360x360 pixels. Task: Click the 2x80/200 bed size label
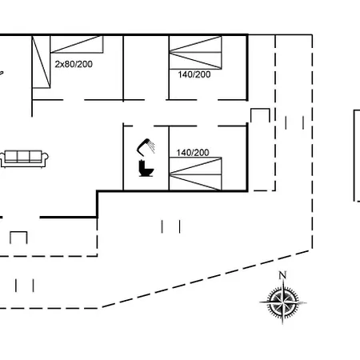pyautogui.click(x=74, y=64)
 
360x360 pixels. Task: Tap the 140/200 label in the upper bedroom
pyautogui.click(x=194, y=74)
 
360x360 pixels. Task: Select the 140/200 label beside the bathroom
pyautogui.click(x=193, y=153)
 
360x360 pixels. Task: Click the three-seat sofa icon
pyautogui.click(x=24, y=159)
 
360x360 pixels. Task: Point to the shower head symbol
pyautogui.click(x=146, y=146)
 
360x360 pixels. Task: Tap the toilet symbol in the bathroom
pyautogui.click(x=146, y=168)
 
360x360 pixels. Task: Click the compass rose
pyautogui.click(x=283, y=302)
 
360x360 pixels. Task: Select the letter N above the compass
pyautogui.click(x=282, y=275)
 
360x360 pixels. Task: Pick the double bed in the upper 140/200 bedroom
pyautogui.click(x=195, y=53)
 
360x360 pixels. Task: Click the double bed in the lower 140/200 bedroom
pyautogui.click(x=195, y=174)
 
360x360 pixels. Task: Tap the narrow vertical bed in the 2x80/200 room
pyautogui.click(x=41, y=62)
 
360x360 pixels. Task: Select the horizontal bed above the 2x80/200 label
pyautogui.click(x=77, y=44)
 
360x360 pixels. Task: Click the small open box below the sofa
pyautogui.click(x=18, y=238)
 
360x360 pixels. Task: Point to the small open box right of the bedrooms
pyautogui.click(x=260, y=115)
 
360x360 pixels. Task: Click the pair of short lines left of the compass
pyautogui.click(x=170, y=226)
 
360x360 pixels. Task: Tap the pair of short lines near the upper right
pyautogui.click(x=294, y=122)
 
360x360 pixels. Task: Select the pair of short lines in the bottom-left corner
pyautogui.click(x=25, y=286)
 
